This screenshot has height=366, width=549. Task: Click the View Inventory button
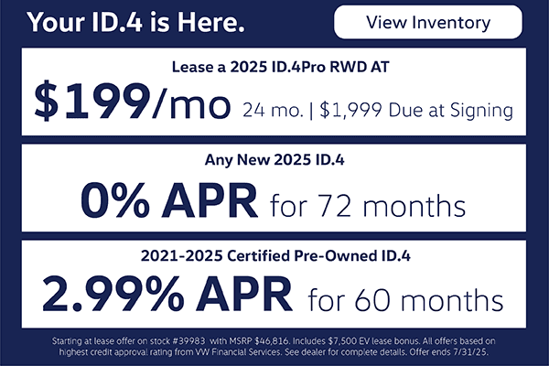[x=428, y=22]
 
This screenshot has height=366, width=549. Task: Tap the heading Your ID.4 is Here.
[x=135, y=22]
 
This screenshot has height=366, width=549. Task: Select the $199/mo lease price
[x=133, y=101]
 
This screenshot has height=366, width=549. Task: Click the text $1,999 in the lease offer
[x=350, y=111]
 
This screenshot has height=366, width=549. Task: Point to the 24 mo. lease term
[x=273, y=111]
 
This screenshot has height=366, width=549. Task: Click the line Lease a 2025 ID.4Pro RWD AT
[x=281, y=67]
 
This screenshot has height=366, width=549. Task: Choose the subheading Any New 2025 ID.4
[x=274, y=160]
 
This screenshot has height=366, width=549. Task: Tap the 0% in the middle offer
[x=115, y=199]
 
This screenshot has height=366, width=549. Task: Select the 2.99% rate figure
[x=113, y=294]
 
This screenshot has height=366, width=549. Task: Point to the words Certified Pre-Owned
[x=302, y=255]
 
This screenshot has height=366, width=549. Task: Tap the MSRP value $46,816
[x=272, y=341]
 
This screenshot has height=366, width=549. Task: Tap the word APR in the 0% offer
[x=210, y=200]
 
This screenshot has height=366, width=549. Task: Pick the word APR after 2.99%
[x=244, y=295]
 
